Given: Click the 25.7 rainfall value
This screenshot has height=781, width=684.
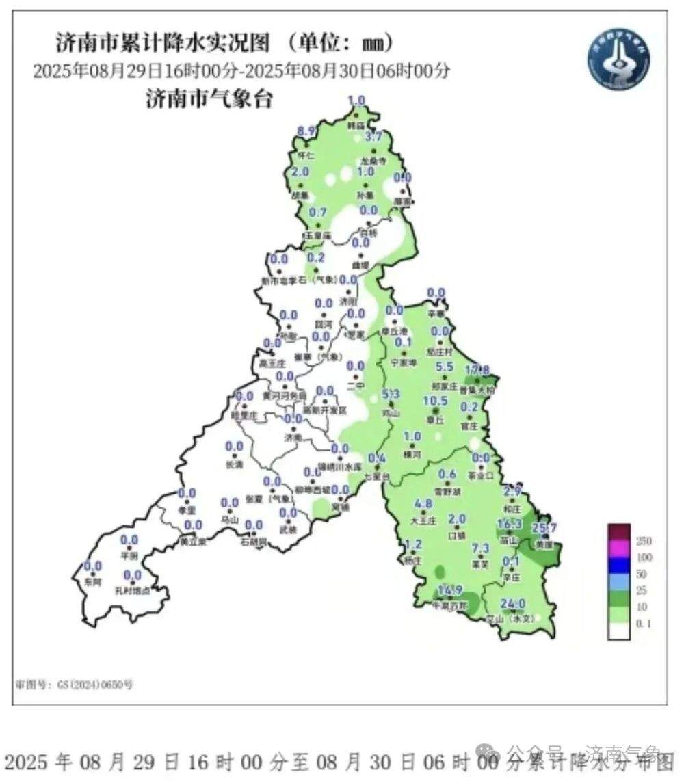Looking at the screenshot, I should (545, 527).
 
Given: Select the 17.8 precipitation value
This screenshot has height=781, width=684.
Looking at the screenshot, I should (478, 370).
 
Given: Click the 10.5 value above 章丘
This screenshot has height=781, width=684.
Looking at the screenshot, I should (435, 401).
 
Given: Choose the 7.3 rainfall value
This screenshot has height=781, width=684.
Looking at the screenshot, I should (481, 548).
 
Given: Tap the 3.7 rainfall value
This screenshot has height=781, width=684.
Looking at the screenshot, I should (373, 137).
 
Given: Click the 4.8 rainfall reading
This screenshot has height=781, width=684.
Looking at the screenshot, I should (424, 504).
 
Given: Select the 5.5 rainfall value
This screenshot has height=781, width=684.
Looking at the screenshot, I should (445, 367).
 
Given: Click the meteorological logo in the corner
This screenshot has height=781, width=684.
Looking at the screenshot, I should (618, 57).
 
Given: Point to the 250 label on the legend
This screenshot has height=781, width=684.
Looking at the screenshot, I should (644, 541).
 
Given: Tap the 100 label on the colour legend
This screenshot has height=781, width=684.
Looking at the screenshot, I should (644, 557).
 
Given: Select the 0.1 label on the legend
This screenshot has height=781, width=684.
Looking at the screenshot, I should (644, 623).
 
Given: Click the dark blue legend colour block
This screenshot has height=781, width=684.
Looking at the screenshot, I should (619, 566).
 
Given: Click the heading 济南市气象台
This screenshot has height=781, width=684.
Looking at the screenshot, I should (209, 100).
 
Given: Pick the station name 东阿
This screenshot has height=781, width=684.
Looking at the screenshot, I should (92, 582).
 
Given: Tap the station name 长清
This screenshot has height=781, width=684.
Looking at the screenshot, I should (234, 464).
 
